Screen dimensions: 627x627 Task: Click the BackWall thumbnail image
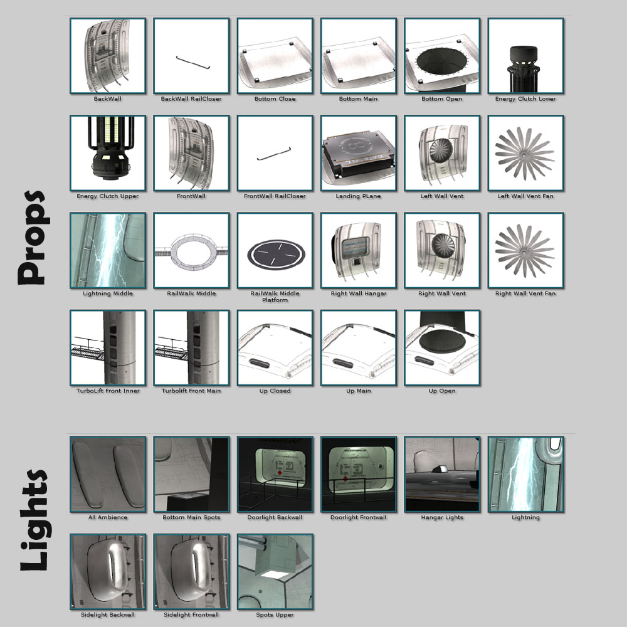tap(108, 56)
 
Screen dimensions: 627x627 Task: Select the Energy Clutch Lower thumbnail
tap(525, 56)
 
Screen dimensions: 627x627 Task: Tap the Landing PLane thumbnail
tap(358, 153)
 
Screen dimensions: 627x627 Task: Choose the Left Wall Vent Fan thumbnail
tap(525, 153)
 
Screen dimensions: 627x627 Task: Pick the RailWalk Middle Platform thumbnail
tap(275, 250)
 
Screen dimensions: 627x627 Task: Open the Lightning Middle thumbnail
tap(108, 250)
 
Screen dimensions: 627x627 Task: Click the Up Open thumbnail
tap(442, 347)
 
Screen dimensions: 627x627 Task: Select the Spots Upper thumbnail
tap(275, 571)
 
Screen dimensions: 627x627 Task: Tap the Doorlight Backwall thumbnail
tap(275, 474)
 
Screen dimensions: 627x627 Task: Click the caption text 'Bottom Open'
tap(442, 99)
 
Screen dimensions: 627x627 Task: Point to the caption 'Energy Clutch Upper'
tap(108, 196)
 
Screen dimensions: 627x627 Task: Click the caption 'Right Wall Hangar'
tap(358, 293)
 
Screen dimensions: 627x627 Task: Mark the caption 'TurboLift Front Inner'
tap(108, 391)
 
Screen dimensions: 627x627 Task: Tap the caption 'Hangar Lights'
tap(442, 517)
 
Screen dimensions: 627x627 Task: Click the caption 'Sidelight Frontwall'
tap(191, 614)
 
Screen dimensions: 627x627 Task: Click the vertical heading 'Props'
tap(34, 238)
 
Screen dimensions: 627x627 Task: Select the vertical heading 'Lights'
tap(34, 520)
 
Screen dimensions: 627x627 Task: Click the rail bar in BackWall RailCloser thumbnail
tap(192, 62)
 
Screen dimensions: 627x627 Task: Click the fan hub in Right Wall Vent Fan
tap(524, 251)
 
